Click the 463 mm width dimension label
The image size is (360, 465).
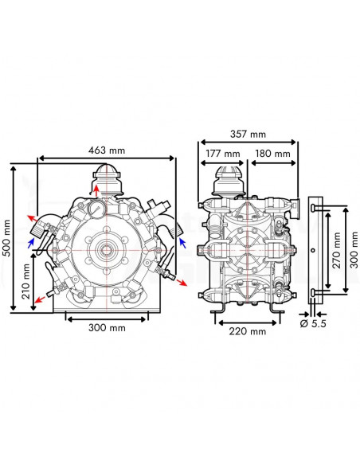pyautogui.click(x=106, y=150)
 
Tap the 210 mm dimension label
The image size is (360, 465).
pyautogui.click(x=26, y=280)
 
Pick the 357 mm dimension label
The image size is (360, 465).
pyautogui.click(x=246, y=135)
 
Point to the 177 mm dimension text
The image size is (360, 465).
pyautogui.click(x=222, y=154)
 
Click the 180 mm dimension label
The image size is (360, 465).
pyautogui.click(x=272, y=154)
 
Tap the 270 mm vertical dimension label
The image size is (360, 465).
pyautogui.click(x=337, y=249)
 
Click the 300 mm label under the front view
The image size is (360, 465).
pyautogui.click(x=106, y=328)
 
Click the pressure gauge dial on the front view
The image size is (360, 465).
pyautogui.click(x=96, y=209)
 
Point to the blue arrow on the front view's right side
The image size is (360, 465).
pyautogui.click(x=182, y=240)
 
